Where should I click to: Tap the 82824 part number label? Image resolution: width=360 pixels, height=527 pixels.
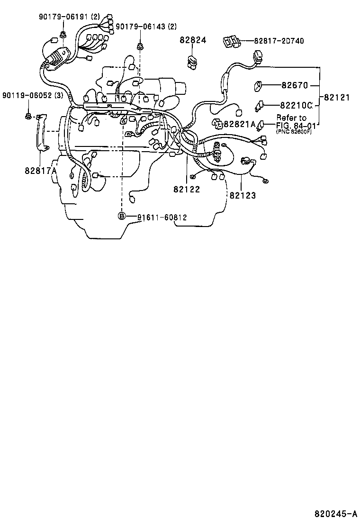[x=193, y=41]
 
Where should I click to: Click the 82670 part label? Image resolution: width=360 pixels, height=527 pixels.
[x=295, y=86]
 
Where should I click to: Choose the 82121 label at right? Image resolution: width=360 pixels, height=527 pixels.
[x=337, y=98]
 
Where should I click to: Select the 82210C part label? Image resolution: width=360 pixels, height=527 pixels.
[x=296, y=105]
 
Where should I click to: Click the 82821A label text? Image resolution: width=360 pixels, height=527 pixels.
[x=240, y=124]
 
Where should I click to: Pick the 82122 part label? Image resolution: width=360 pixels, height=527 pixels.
[x=187, y=189]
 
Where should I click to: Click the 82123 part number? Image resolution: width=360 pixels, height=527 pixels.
[x=243, y=194]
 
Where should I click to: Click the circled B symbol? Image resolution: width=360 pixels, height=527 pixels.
[x=122, y=217]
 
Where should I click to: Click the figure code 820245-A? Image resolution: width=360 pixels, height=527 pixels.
[x=336, y=513]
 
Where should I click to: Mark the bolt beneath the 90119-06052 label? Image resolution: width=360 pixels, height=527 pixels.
[x=28, y=115]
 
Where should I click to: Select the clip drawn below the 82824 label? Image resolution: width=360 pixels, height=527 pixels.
[x=192, y=62]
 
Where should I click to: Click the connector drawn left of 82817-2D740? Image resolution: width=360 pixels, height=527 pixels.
[x=230, y=42]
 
